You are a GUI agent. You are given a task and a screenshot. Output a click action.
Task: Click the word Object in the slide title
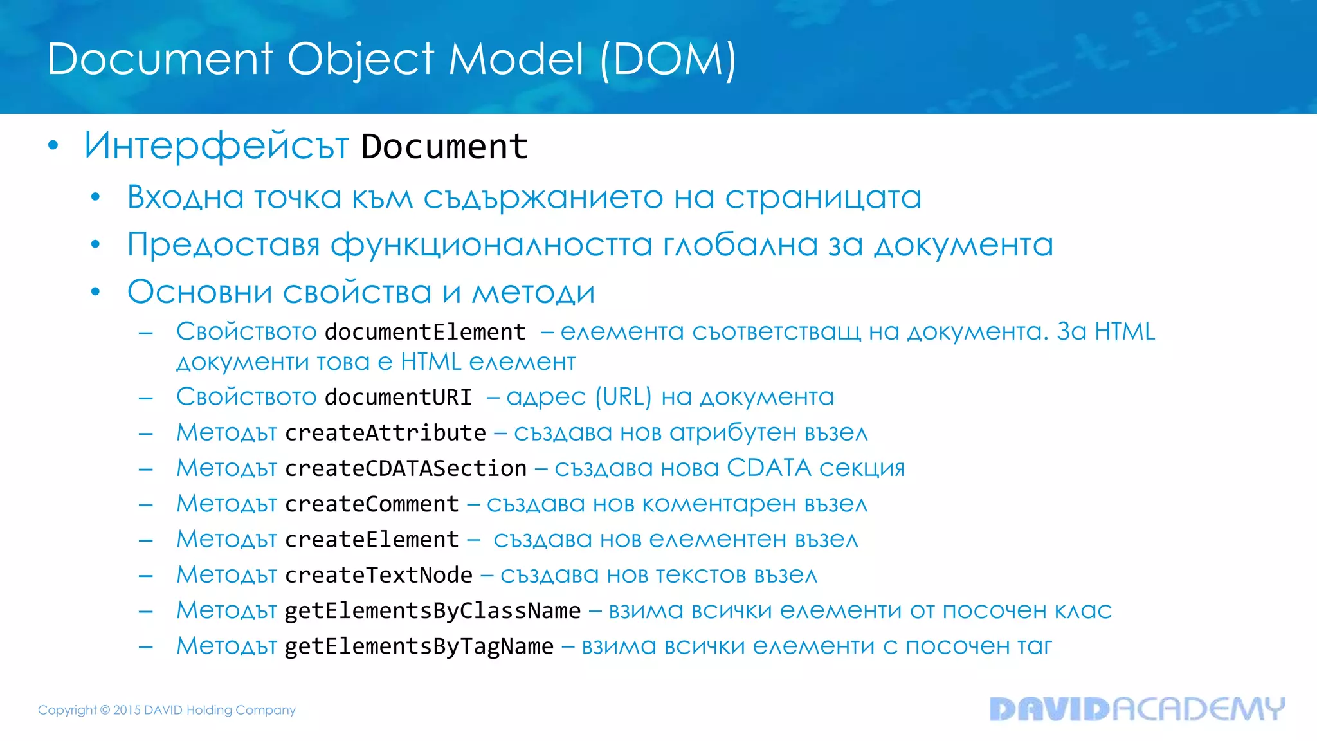[360, 59]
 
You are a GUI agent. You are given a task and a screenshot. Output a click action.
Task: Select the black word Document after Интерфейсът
[444, 147]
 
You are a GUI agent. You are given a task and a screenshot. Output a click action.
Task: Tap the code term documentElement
[425, 332]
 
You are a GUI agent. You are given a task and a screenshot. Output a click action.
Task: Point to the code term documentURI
[398, 397]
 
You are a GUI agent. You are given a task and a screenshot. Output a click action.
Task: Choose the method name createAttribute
[385, 433]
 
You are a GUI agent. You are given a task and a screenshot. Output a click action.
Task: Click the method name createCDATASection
[406, 468]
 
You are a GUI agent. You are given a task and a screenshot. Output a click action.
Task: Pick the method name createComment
[372, 504]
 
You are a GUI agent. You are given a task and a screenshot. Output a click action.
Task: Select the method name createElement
[372, 539]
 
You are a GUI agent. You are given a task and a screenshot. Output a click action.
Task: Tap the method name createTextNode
[379, 575]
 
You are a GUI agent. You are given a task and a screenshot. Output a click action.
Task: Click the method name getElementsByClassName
[433, 610]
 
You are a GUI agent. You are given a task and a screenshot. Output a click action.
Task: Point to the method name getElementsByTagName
[419, 646]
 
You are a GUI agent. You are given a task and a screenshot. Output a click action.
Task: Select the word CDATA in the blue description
[768, 468]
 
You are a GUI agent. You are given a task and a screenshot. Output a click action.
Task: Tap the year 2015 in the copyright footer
[127, 710]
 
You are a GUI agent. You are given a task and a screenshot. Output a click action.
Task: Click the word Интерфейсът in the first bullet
[216, 146]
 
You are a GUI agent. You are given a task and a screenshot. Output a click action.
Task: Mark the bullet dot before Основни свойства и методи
[95, 292]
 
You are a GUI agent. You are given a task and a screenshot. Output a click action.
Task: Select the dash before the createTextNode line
[146, 576]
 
